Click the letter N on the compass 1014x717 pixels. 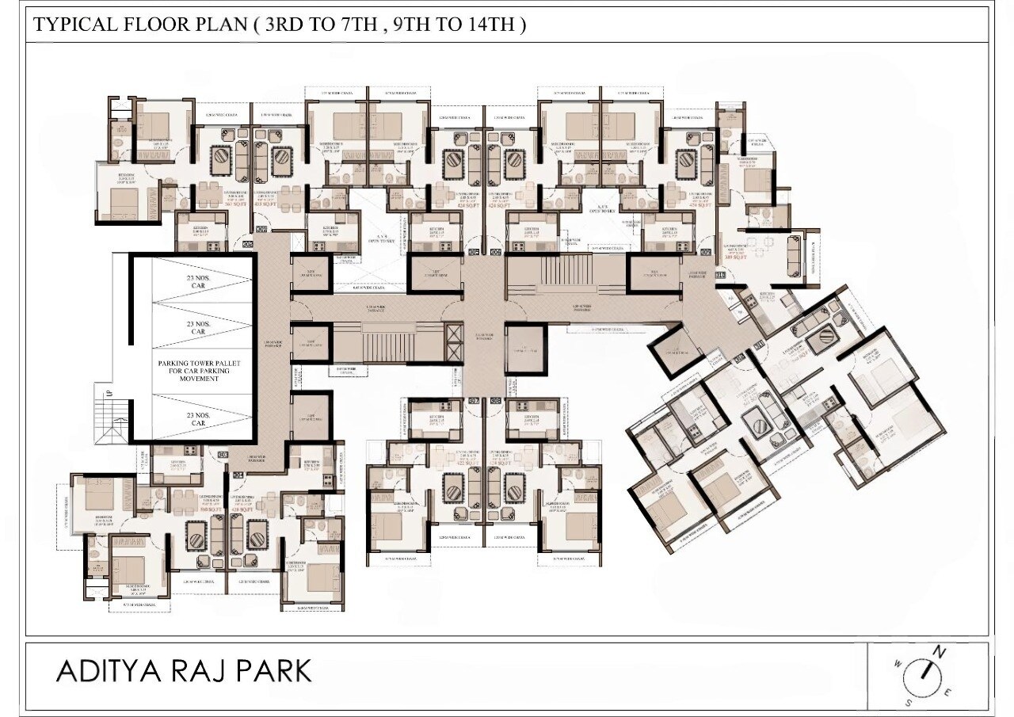point(940,652)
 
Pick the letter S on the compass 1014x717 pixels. point(910,701)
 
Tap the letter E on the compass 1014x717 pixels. point(948,692)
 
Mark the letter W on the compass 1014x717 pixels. point(898,664)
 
